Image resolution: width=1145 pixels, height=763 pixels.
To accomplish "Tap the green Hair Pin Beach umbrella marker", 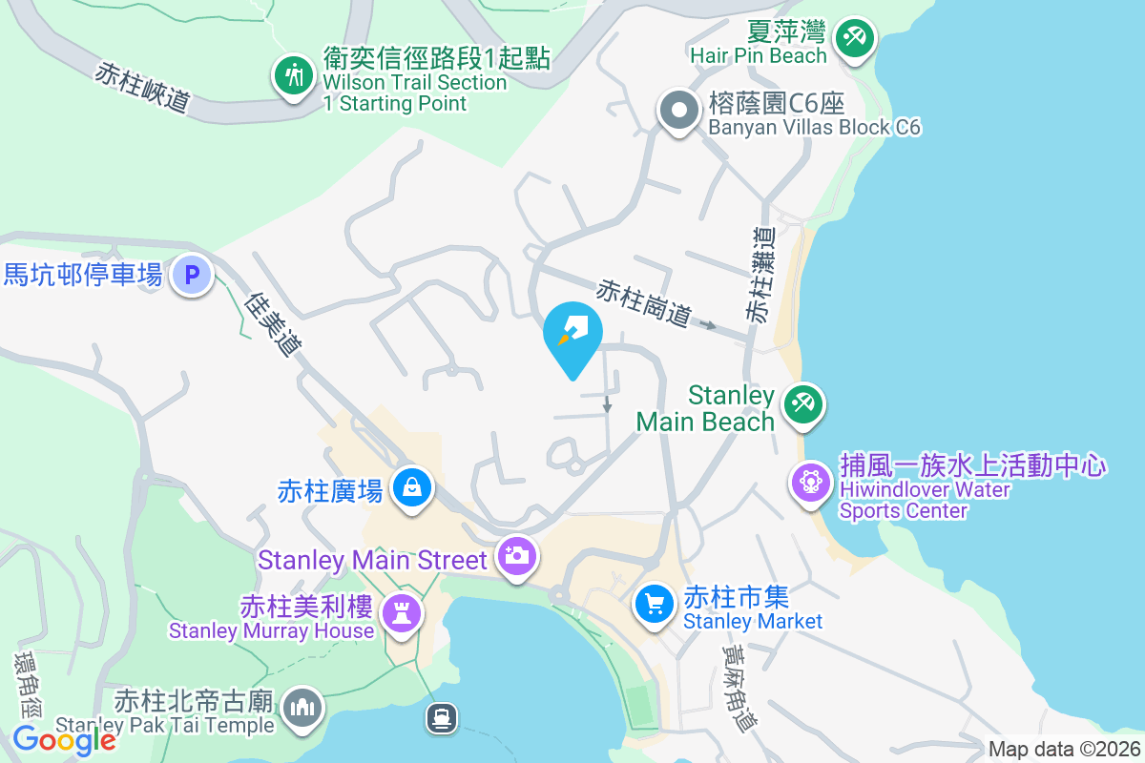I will tap(854, 39).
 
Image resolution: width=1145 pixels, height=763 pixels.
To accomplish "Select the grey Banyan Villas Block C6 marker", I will tap(678, 111).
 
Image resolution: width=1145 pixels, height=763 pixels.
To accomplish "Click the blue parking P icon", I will tap(192, 276).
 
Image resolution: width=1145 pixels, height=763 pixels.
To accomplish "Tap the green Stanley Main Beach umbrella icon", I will tap(802, 404).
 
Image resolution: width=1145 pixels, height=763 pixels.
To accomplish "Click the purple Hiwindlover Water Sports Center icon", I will tap(811, 480).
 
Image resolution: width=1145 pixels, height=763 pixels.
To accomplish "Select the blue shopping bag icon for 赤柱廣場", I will tap(411, 487).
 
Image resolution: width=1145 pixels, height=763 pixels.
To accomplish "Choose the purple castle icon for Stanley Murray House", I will tap(401, 613).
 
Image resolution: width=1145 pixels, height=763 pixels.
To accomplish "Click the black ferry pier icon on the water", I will tap(442, 716).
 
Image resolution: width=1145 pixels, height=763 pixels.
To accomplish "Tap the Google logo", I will tap(64, 740).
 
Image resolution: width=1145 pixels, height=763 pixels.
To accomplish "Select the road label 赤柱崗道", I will tap(644, 303).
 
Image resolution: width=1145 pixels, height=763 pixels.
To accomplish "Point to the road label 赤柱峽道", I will tap(142, 87).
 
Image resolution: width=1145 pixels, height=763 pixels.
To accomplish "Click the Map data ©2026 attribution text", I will tap(1063, 749).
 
